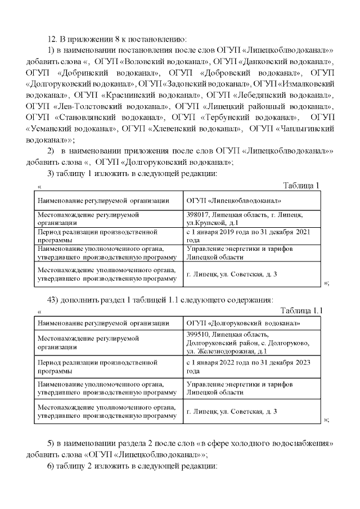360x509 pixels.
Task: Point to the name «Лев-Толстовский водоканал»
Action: (x=111, y=106)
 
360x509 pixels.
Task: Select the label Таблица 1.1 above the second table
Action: (x=301, y=310)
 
